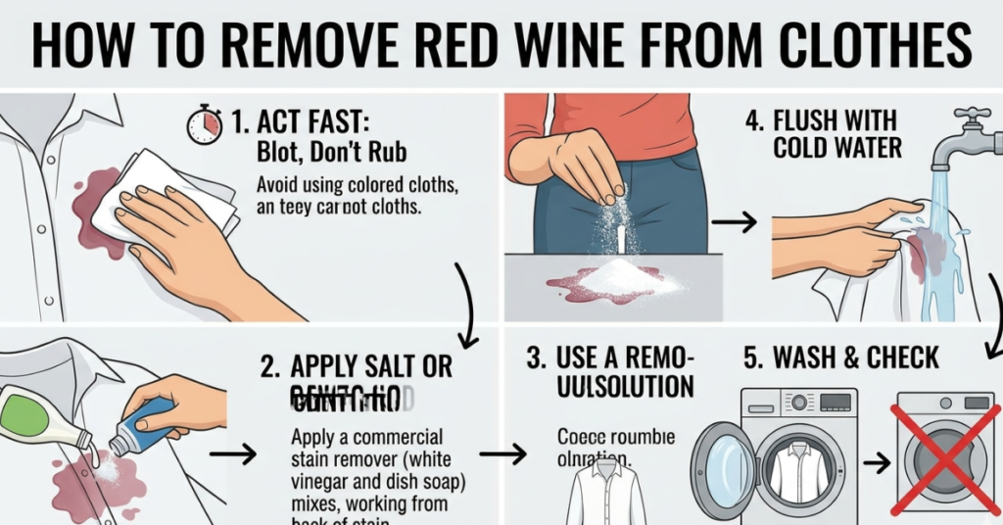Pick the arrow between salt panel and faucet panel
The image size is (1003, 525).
pos(734,224)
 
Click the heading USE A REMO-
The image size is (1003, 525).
pos(610,358)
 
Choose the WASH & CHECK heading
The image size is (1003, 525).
pos(840,358)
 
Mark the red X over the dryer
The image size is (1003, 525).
pos(945,457)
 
